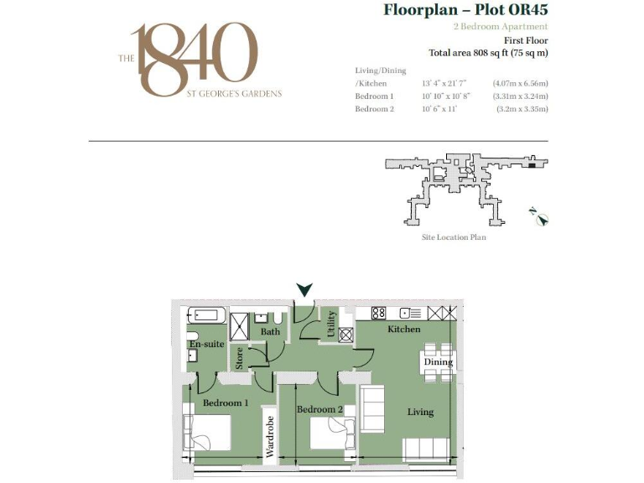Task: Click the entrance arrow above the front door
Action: click(x=304, y=289)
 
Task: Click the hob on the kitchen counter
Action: click(x=378, y=313)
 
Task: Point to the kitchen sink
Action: click(x=411, y=313)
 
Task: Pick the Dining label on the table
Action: click(x=438, y=362)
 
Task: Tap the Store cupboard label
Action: click(x=240, y=358)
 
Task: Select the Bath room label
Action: click(x=270, y=332)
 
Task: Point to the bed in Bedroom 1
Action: click(x=209, y=433)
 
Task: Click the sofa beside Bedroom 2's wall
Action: click(x=371, y=408)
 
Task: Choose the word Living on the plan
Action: click(x=420, y=412)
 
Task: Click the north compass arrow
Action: click(x=542, y=220)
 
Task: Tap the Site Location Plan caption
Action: click(x=454, y=237)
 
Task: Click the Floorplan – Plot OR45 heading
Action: click(x=465, y=11)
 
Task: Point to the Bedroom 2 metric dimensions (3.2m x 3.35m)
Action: click(x=522, y=109)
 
